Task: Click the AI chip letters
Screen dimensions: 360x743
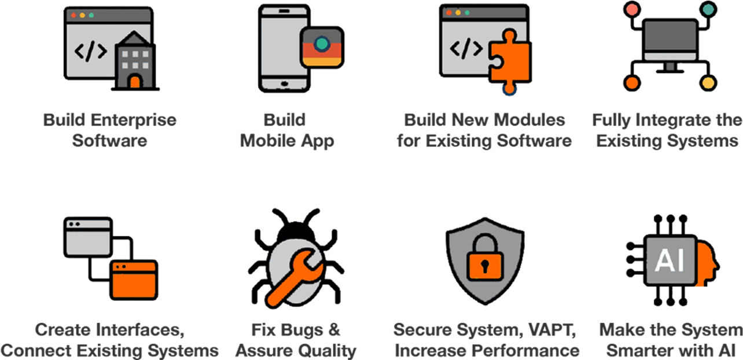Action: pyautogui.click(x=670, y=260)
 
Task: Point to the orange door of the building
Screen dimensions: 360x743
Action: pyautogui.click(x=135, y=82)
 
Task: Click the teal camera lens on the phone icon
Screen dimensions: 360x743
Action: pyautogui.click(x=322, y=43)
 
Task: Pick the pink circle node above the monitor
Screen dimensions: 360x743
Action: pyautogui.click(x=632, y=9)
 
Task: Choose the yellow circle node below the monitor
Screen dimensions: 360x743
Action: pyautogui.click(x=708, y=83)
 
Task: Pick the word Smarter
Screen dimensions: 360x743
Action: pyautogui.click(x=639, y=351)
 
